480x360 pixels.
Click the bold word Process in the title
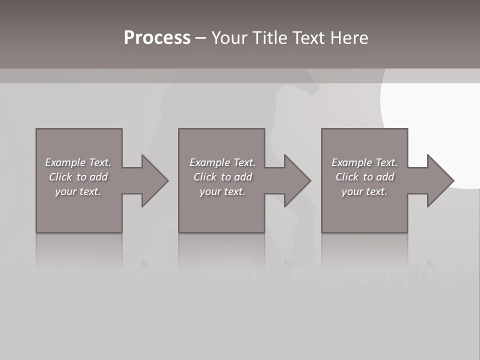coord(157,38)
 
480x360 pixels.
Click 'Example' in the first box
coord(65,162)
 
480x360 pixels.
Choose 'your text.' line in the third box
coord(364,191)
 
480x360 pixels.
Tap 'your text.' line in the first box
coord(78,191)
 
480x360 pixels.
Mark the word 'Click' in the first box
coord(59,177)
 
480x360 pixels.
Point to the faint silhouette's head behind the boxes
coord(300,92)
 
